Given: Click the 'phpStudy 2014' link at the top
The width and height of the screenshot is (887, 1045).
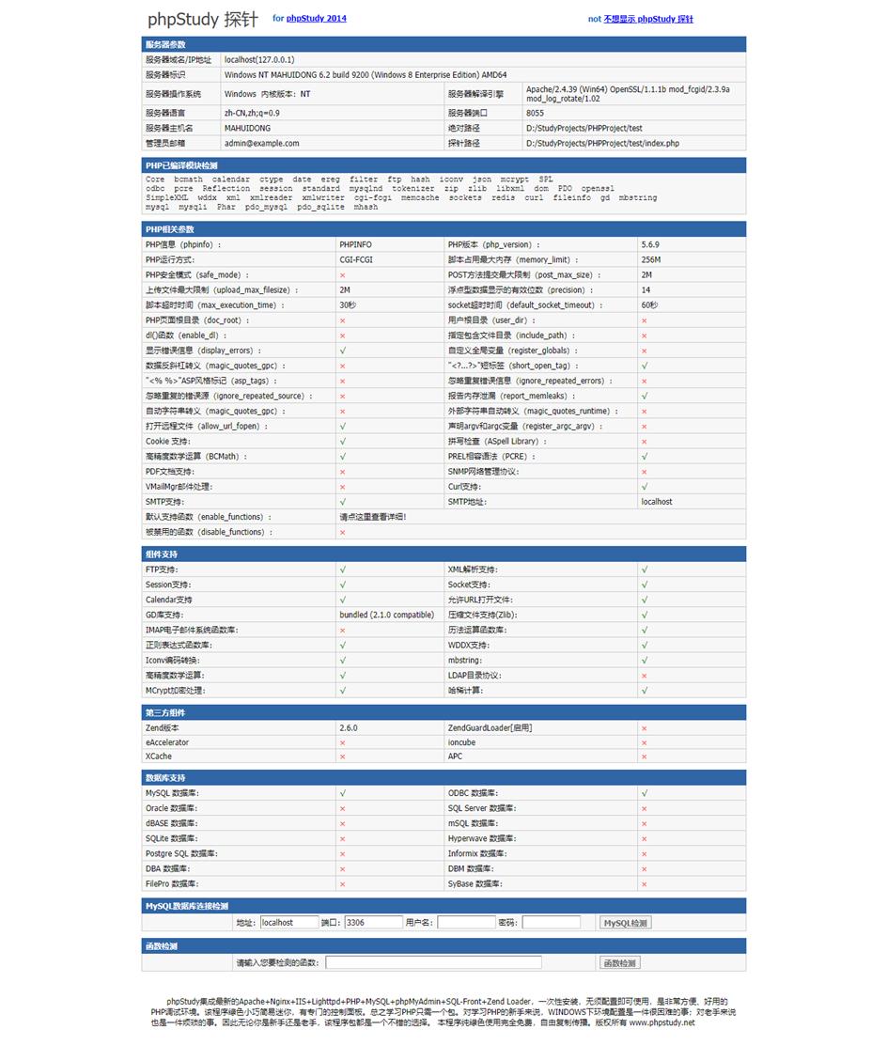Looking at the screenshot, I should coord(317,18).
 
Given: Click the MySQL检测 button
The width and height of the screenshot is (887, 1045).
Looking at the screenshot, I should coord(625,923).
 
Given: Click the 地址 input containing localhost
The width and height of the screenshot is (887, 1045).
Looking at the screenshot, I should coord(289,923).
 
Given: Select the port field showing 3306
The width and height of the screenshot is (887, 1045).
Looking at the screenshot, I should coord(373,923).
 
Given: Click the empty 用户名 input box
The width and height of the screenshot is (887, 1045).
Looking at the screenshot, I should coord(465,923).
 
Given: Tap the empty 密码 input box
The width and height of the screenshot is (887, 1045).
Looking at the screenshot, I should coord(551,923).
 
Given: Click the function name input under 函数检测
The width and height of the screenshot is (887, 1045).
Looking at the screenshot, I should coord(433,962).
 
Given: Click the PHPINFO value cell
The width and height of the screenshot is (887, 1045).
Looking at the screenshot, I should coord(355,244).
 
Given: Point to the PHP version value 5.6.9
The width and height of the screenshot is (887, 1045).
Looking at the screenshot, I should coord(650,244).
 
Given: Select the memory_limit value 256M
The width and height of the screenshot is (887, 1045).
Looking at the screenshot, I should coord(650,259).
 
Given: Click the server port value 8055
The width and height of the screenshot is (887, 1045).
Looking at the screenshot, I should coord(535,113).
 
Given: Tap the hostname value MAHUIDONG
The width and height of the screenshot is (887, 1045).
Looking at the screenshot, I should coord(247,128).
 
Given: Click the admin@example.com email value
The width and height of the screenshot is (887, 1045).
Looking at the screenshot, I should coord(261,143).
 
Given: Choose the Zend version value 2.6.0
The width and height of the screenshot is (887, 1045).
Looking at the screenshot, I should coord(348,727).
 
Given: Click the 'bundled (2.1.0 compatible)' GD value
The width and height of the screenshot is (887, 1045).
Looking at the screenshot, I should coord(386,615).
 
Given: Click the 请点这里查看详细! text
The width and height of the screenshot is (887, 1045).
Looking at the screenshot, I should coord(372,517).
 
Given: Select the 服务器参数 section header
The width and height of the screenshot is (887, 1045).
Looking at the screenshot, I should coord(165,44).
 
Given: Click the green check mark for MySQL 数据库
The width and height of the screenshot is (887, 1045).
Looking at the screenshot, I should coord(343,793).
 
